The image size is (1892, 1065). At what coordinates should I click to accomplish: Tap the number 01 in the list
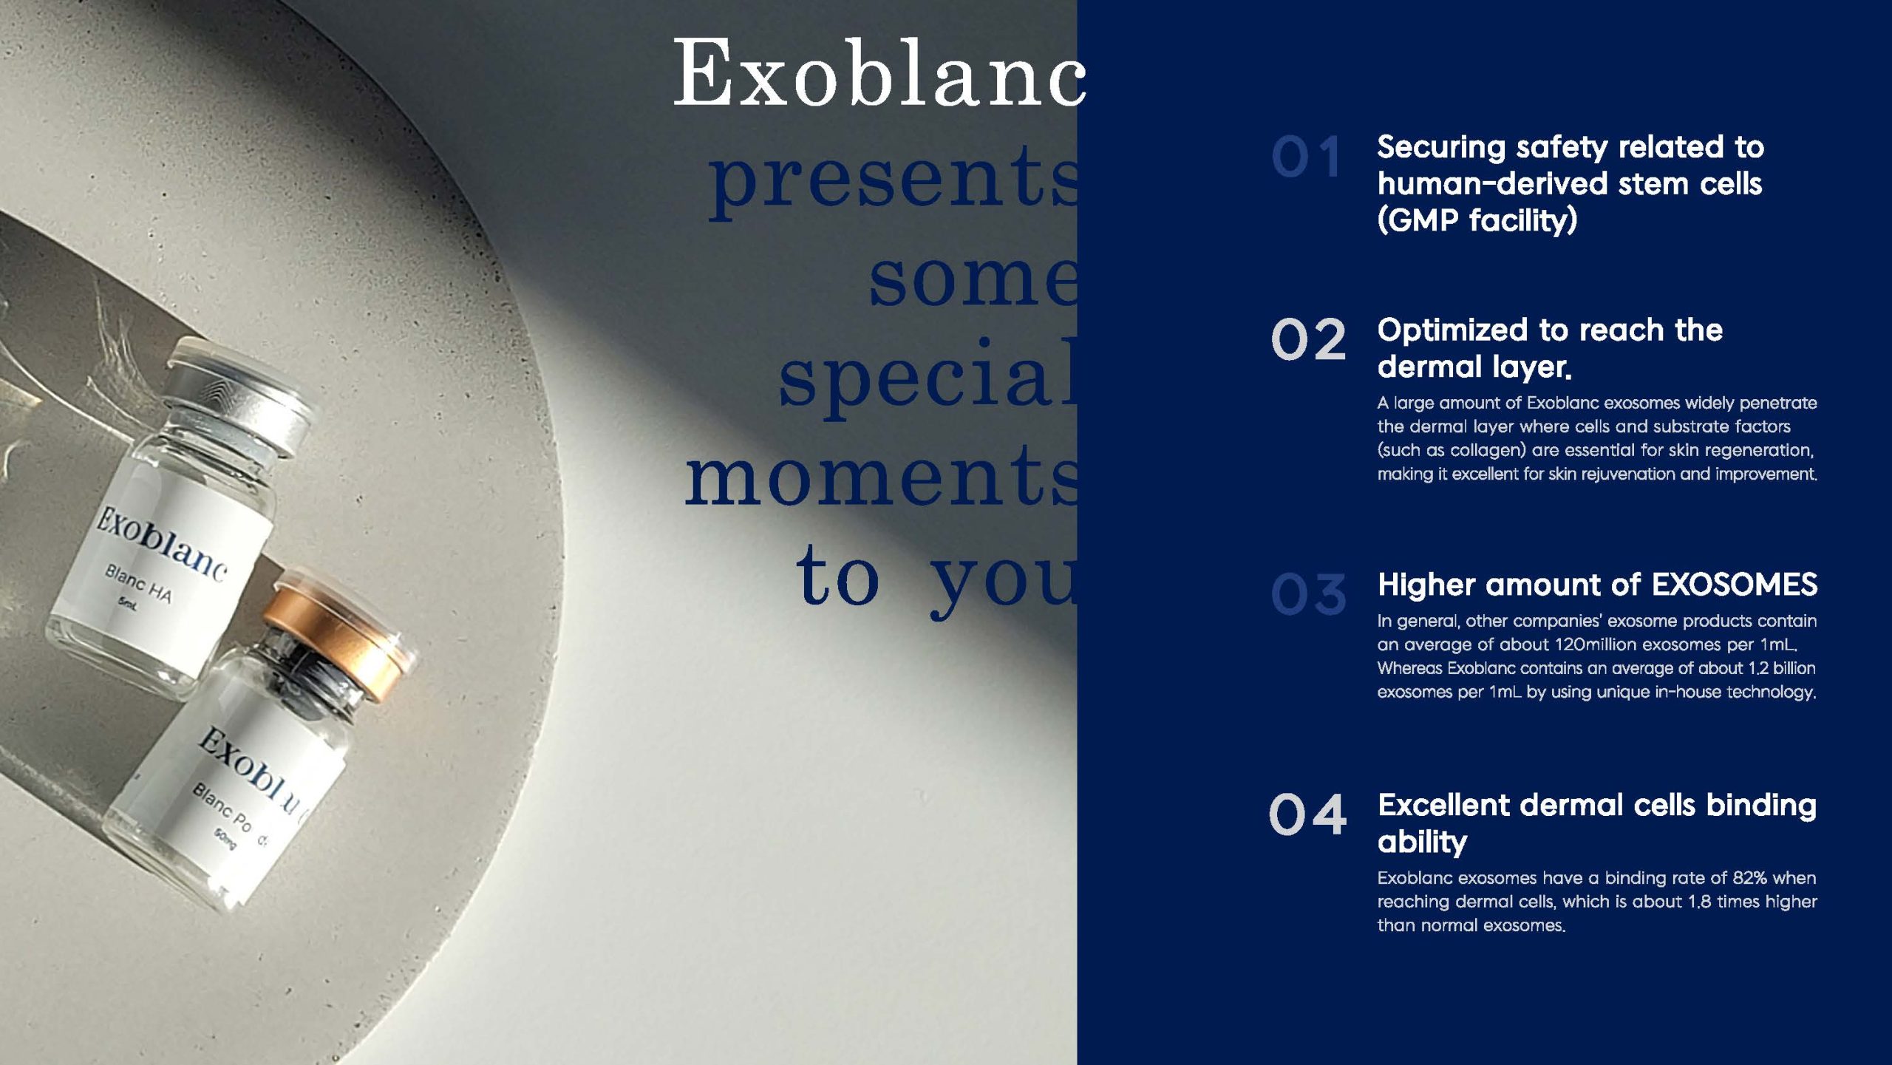tap(1307, 157)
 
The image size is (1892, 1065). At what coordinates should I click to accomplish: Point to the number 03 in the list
tap(1308, 594)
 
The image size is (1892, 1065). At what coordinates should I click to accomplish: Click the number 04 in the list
tap(1308, 814)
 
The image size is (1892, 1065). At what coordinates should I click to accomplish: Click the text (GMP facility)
tap(1477, 220)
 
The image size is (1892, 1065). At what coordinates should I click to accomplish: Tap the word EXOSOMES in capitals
tap(1734, 585)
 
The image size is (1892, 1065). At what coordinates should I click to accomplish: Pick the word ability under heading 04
tap(1422, 842)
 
